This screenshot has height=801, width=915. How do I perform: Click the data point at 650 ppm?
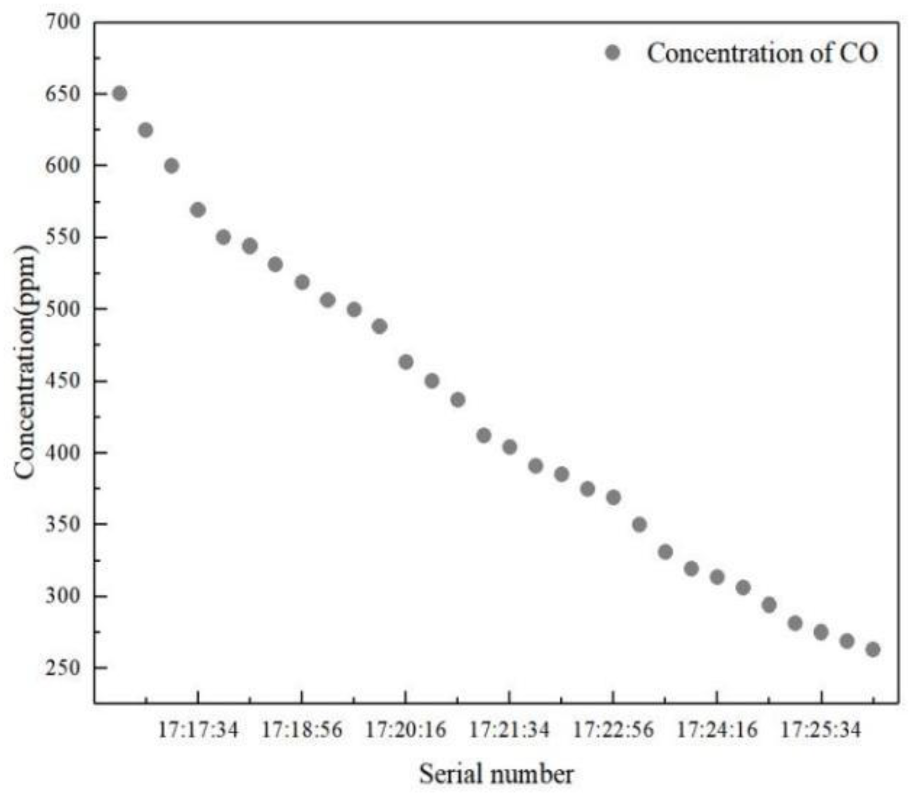click(120, 94)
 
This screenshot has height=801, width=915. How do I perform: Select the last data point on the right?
click(872, 649)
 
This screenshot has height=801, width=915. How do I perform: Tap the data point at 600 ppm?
click(171, 166)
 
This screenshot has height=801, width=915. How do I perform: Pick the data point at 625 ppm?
click(145, 130)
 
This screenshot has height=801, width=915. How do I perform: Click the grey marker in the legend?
click(613, 53)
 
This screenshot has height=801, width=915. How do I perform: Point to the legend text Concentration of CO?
click(762, 53)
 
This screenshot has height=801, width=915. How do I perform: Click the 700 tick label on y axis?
click(63, 22)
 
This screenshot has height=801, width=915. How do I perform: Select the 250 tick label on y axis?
click(63, 668)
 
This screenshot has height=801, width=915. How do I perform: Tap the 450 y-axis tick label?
click(63, 381)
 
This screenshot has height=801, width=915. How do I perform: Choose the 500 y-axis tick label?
click(63, 309)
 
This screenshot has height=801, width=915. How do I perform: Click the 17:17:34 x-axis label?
click(198, 730)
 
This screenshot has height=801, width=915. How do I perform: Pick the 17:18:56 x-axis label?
click(302, 730)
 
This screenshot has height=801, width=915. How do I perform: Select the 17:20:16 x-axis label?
click(406, 730)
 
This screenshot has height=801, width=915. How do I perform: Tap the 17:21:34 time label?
click(510, 730)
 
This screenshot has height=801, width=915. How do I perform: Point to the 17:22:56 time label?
click(613, 730)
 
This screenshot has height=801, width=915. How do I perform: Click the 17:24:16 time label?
click(717, 730)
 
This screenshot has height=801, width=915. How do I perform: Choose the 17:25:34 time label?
click(820, 730)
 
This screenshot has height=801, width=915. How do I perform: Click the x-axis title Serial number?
click(496, 774)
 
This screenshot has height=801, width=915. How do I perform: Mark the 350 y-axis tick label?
click(63, 524)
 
